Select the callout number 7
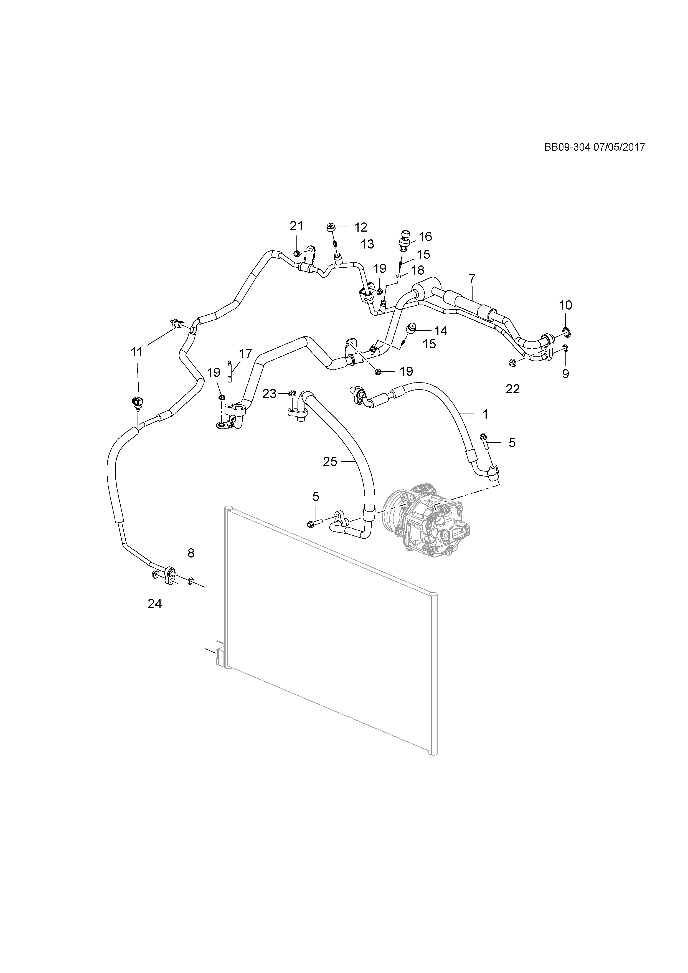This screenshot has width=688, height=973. coord(472,278)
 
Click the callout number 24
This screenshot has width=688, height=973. coord(155,604)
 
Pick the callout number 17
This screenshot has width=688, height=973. coord(245,353)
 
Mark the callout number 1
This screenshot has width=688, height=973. coord(486,414)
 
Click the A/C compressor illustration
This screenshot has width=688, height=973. coord(428,521)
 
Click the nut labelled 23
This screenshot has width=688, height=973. coord(291,394)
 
